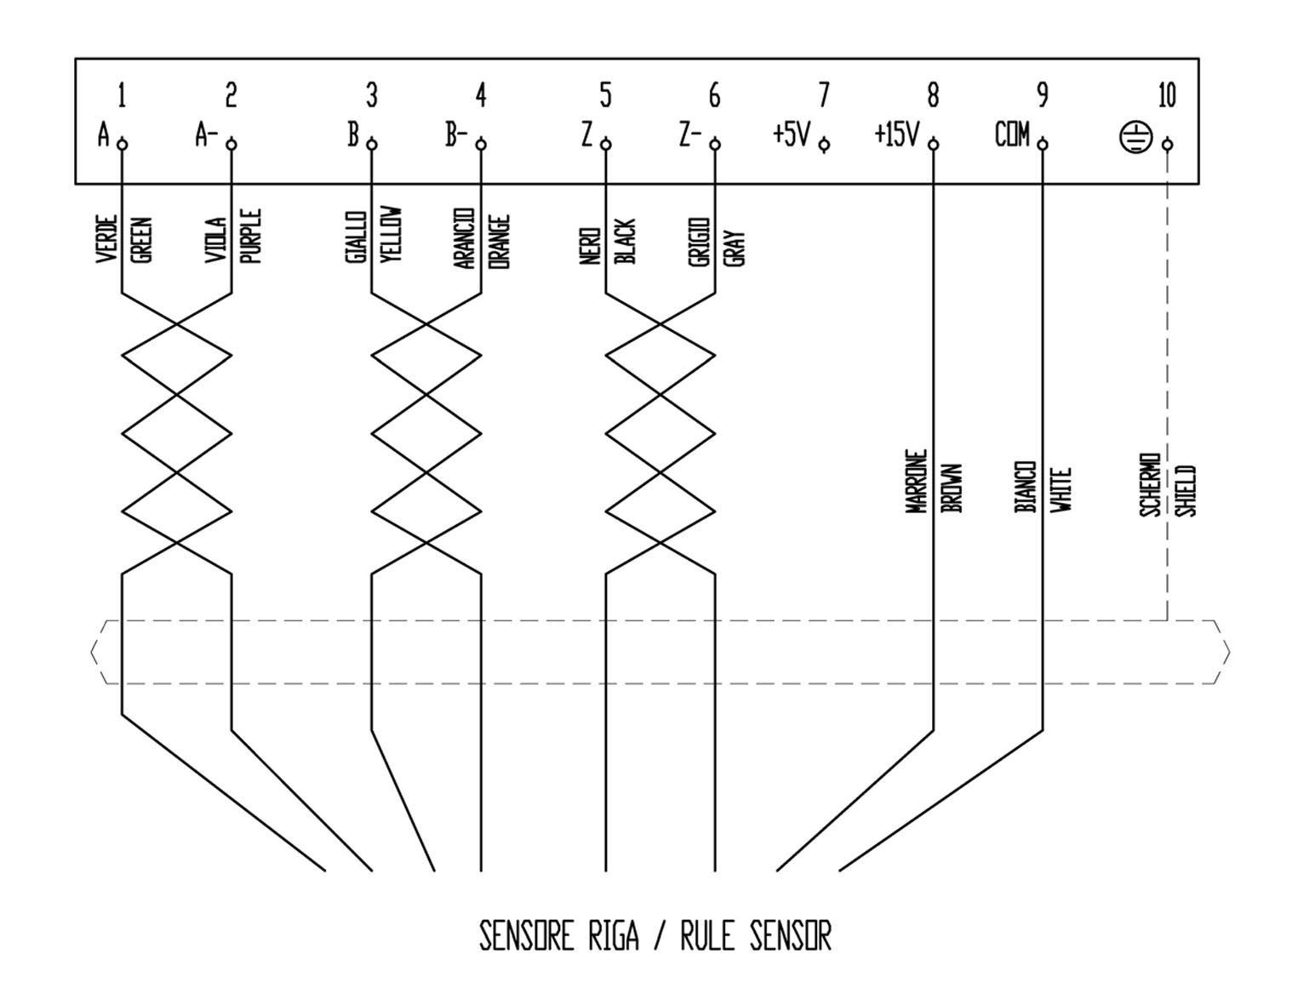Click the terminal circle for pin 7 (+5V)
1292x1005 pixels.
coord(824,145)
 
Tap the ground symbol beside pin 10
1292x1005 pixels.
coord(1135,137)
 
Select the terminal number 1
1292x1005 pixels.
coord(122,95)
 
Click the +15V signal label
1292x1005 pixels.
coord(897,134)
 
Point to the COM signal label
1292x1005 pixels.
coord(1012,134)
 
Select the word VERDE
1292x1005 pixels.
coord(106,239)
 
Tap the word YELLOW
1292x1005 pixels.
coord(392,235)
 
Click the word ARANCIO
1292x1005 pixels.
coord(464,238)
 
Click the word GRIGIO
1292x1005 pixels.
coord(700,243)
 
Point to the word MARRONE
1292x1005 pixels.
coord(916,481)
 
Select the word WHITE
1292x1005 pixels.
coord(1060,489)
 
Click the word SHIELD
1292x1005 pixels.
coord(1186,490)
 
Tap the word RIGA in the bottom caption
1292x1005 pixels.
coord(613,936)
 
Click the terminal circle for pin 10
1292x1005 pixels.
coord(1167,145)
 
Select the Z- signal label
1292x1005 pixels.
coord(689,134)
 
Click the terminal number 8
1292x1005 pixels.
coord(933,95)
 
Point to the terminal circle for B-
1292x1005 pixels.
coord(481,145)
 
